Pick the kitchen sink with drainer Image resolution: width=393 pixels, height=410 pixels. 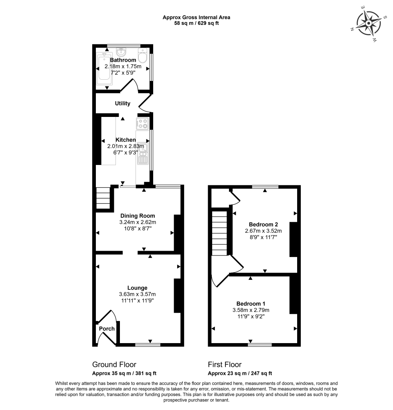pos(142,154)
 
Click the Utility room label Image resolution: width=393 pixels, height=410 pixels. pos(123,103)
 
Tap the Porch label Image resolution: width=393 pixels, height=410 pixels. pos(107,329)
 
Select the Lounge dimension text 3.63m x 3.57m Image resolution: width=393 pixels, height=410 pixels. pos(137,294)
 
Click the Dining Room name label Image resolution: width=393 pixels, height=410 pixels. pos(138,216)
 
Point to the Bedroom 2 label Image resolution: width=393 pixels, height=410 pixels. pos(263,224)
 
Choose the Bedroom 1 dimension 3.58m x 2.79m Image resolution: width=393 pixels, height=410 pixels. pos(251,310)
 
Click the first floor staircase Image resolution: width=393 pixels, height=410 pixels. pos(219,233)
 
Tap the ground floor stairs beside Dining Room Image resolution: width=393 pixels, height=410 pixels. pos(103,198)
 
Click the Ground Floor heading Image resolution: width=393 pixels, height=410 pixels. pos(114,364)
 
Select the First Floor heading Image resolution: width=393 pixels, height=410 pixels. pos(225,364)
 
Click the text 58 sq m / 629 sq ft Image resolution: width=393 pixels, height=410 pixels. pos(196,23)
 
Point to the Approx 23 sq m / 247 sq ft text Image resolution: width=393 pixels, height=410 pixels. pos(240,373)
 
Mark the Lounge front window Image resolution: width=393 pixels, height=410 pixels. pos(148,344)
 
